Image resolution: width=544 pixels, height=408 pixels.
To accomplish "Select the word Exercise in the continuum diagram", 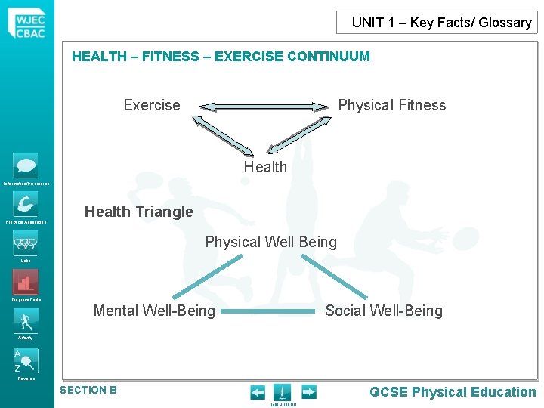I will [x=152, y=105].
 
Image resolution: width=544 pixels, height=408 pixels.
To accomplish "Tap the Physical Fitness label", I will [x=391, y=105].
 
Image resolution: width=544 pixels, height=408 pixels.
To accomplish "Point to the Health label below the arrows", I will [x=265, y=167].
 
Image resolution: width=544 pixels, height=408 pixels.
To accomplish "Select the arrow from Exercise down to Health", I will [x=226, y=136].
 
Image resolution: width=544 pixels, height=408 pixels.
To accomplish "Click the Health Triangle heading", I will [x=139, y=212].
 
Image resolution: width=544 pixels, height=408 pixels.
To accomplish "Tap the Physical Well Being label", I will [x=271, y=242].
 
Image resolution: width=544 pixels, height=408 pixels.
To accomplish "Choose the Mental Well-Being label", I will [x=154, y=310].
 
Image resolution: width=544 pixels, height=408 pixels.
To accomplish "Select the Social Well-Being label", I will [x=384, y=310].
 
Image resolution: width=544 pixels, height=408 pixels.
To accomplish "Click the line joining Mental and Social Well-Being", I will [x=269, y=311].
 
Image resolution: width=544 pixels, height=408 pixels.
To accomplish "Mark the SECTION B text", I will [x=88, y=390].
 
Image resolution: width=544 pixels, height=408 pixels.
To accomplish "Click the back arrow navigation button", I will [x=258, y=391].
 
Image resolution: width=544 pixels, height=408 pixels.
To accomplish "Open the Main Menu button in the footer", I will [x=282, y=393].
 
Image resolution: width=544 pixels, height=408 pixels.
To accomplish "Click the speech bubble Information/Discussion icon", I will [x=25, y=165].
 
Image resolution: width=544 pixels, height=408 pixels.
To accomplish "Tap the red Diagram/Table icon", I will [x=25, y=283].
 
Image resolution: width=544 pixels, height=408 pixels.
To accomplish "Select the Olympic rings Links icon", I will [x=25, y=244].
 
